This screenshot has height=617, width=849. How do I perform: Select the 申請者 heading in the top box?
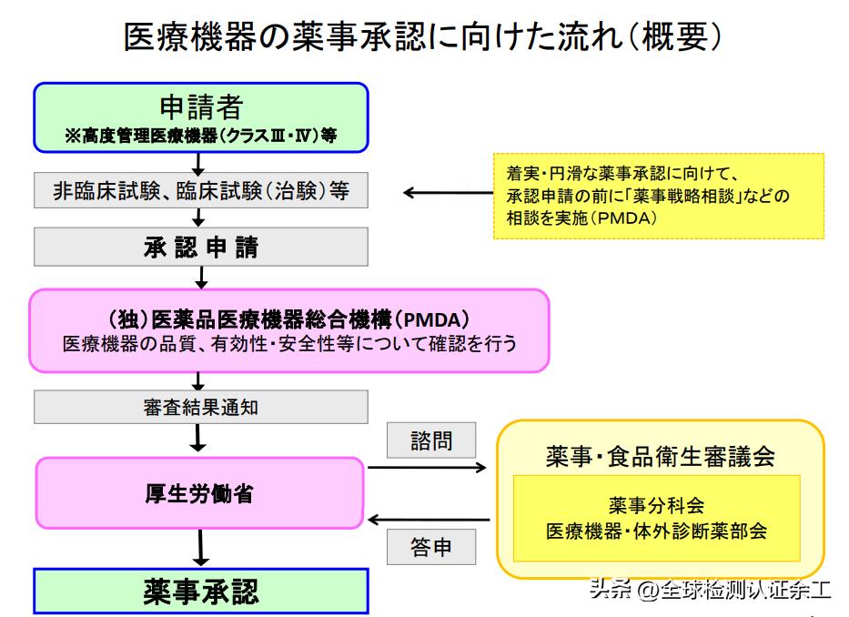tap(201, 107)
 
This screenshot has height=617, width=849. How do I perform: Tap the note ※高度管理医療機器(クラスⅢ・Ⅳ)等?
tap(201, 136)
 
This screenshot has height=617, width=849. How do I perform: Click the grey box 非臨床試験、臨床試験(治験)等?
tap(201, 192)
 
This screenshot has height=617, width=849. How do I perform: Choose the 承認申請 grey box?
tap(201, 247)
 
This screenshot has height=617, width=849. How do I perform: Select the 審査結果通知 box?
tap(201, 407)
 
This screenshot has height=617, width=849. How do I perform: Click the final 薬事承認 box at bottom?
tap(201, 592)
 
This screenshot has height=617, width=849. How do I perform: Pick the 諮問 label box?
tap(431, 441)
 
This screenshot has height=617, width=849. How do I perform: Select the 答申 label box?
tap(431, 548)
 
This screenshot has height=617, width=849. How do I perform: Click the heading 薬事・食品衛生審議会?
tap(660, 457)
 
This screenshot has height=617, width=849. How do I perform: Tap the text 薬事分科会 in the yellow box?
tap(656, 504)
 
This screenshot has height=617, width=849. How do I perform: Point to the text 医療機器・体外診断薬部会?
tap(656, 531)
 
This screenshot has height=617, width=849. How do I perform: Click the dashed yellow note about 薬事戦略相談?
tap(659, 195)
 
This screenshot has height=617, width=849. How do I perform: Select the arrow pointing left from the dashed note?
tap(446, 193)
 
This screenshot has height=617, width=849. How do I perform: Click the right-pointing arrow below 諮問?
tap(428, 469)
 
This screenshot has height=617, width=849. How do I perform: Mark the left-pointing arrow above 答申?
tap(428, 521)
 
